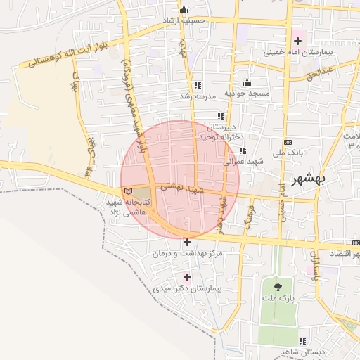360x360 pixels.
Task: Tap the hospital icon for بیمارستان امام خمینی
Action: pos(297,39)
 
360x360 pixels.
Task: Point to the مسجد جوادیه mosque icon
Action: pos(246,82)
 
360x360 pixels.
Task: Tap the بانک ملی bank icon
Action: pos(287,141)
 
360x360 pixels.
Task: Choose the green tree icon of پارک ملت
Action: pos(278,287)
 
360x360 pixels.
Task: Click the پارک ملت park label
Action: pos(278,299)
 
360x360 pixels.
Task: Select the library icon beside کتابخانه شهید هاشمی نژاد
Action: pos(127,191)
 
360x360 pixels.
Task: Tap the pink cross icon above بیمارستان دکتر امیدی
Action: pos(186,277)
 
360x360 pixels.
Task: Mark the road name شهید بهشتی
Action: pos(181,188)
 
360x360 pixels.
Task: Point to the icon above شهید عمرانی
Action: pos(243,150)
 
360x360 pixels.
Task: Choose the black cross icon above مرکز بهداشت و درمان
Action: pos(186,242)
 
